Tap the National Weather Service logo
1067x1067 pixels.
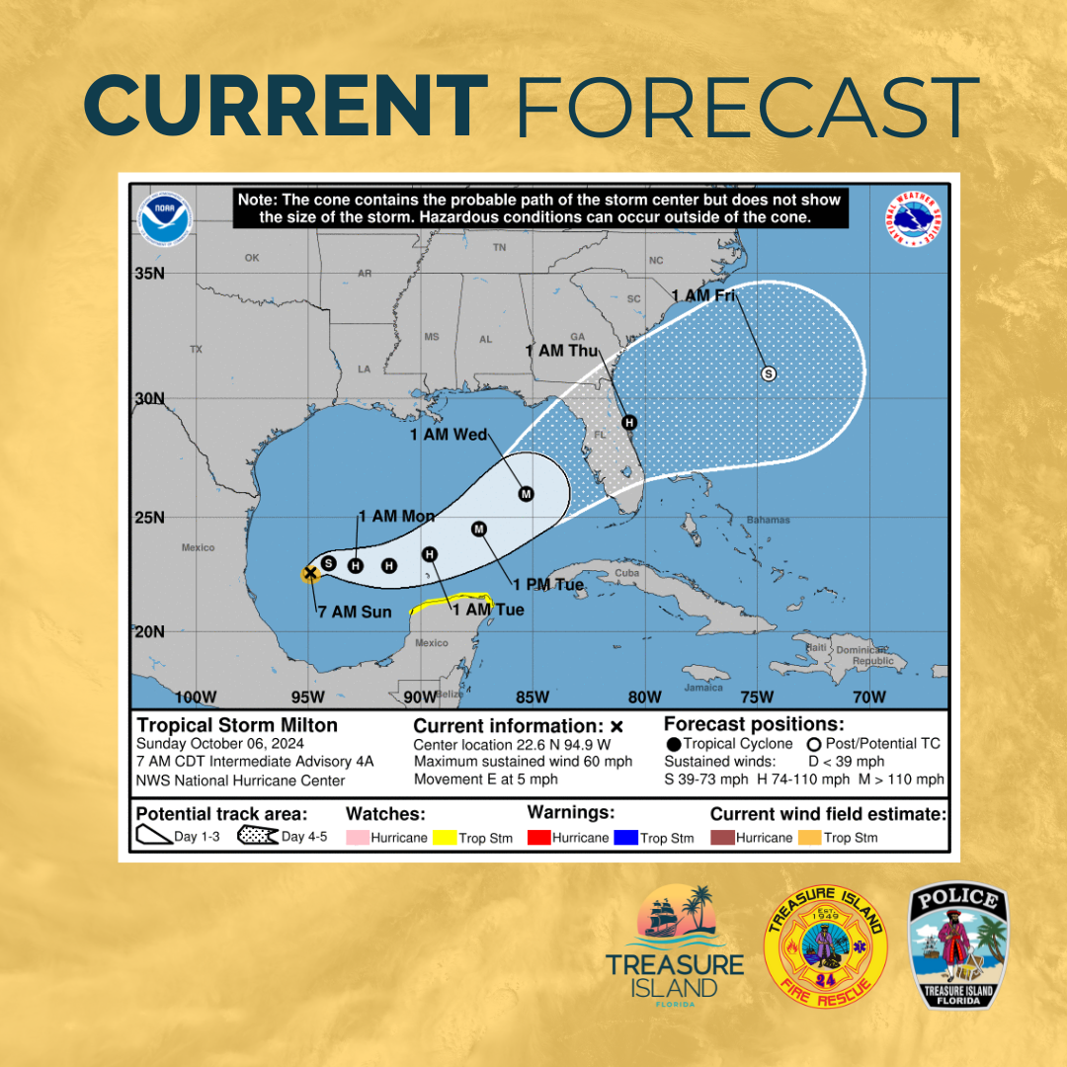point(914,222)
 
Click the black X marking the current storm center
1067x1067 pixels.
point(310,572)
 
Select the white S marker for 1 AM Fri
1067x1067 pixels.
point(769,373)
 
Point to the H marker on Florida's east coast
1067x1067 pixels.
point(628,423)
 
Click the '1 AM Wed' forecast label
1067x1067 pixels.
point(450,435)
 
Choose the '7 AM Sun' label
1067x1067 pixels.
point(355,612)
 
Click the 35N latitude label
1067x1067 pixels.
point(149,273)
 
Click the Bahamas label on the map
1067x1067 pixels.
point(768,520)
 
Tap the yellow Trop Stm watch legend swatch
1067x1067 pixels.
point(445,838)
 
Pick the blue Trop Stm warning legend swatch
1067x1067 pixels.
point(625,838)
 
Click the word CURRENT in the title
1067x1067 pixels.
point(286,106)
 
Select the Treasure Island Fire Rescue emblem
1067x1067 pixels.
point(826,946)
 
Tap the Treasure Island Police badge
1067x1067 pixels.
point(959,946)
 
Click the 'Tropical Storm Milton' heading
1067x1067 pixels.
point(237,725)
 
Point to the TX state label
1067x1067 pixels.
point(196,350)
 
